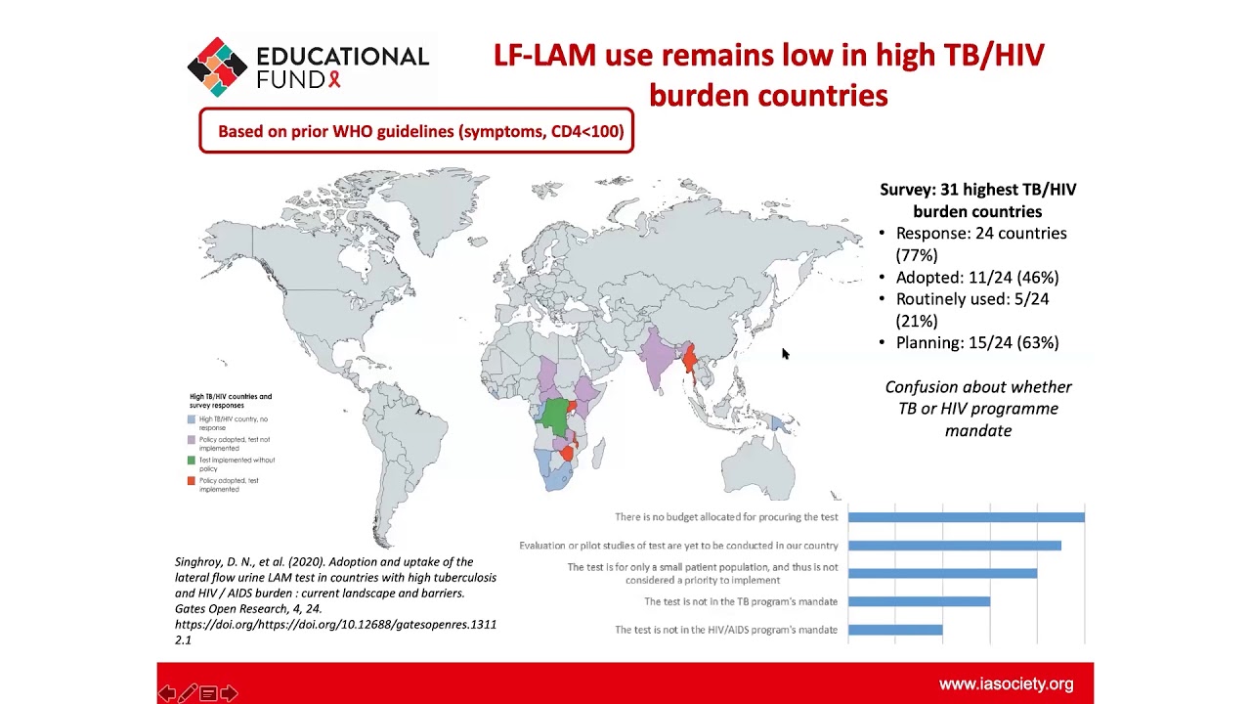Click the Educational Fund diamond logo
coord(217,66)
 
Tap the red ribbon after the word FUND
coord(334,79)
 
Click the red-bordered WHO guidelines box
coord(416,131)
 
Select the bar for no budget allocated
coord(966,517)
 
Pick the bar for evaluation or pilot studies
coord(954,546)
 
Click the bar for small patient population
coord(942,573)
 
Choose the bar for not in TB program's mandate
coord(919,601)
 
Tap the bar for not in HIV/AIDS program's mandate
coord(895,630)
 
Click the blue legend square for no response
coord(192,419)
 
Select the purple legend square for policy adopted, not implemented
coord(192,440)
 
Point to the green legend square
coord(192,461)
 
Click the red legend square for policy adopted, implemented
coord(192,481)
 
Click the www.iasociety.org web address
coord(1006,684)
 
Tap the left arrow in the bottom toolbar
coord(167,693)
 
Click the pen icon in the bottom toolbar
coord(188,693)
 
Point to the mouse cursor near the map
coord(785,354)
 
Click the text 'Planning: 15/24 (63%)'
coord(977,342)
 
